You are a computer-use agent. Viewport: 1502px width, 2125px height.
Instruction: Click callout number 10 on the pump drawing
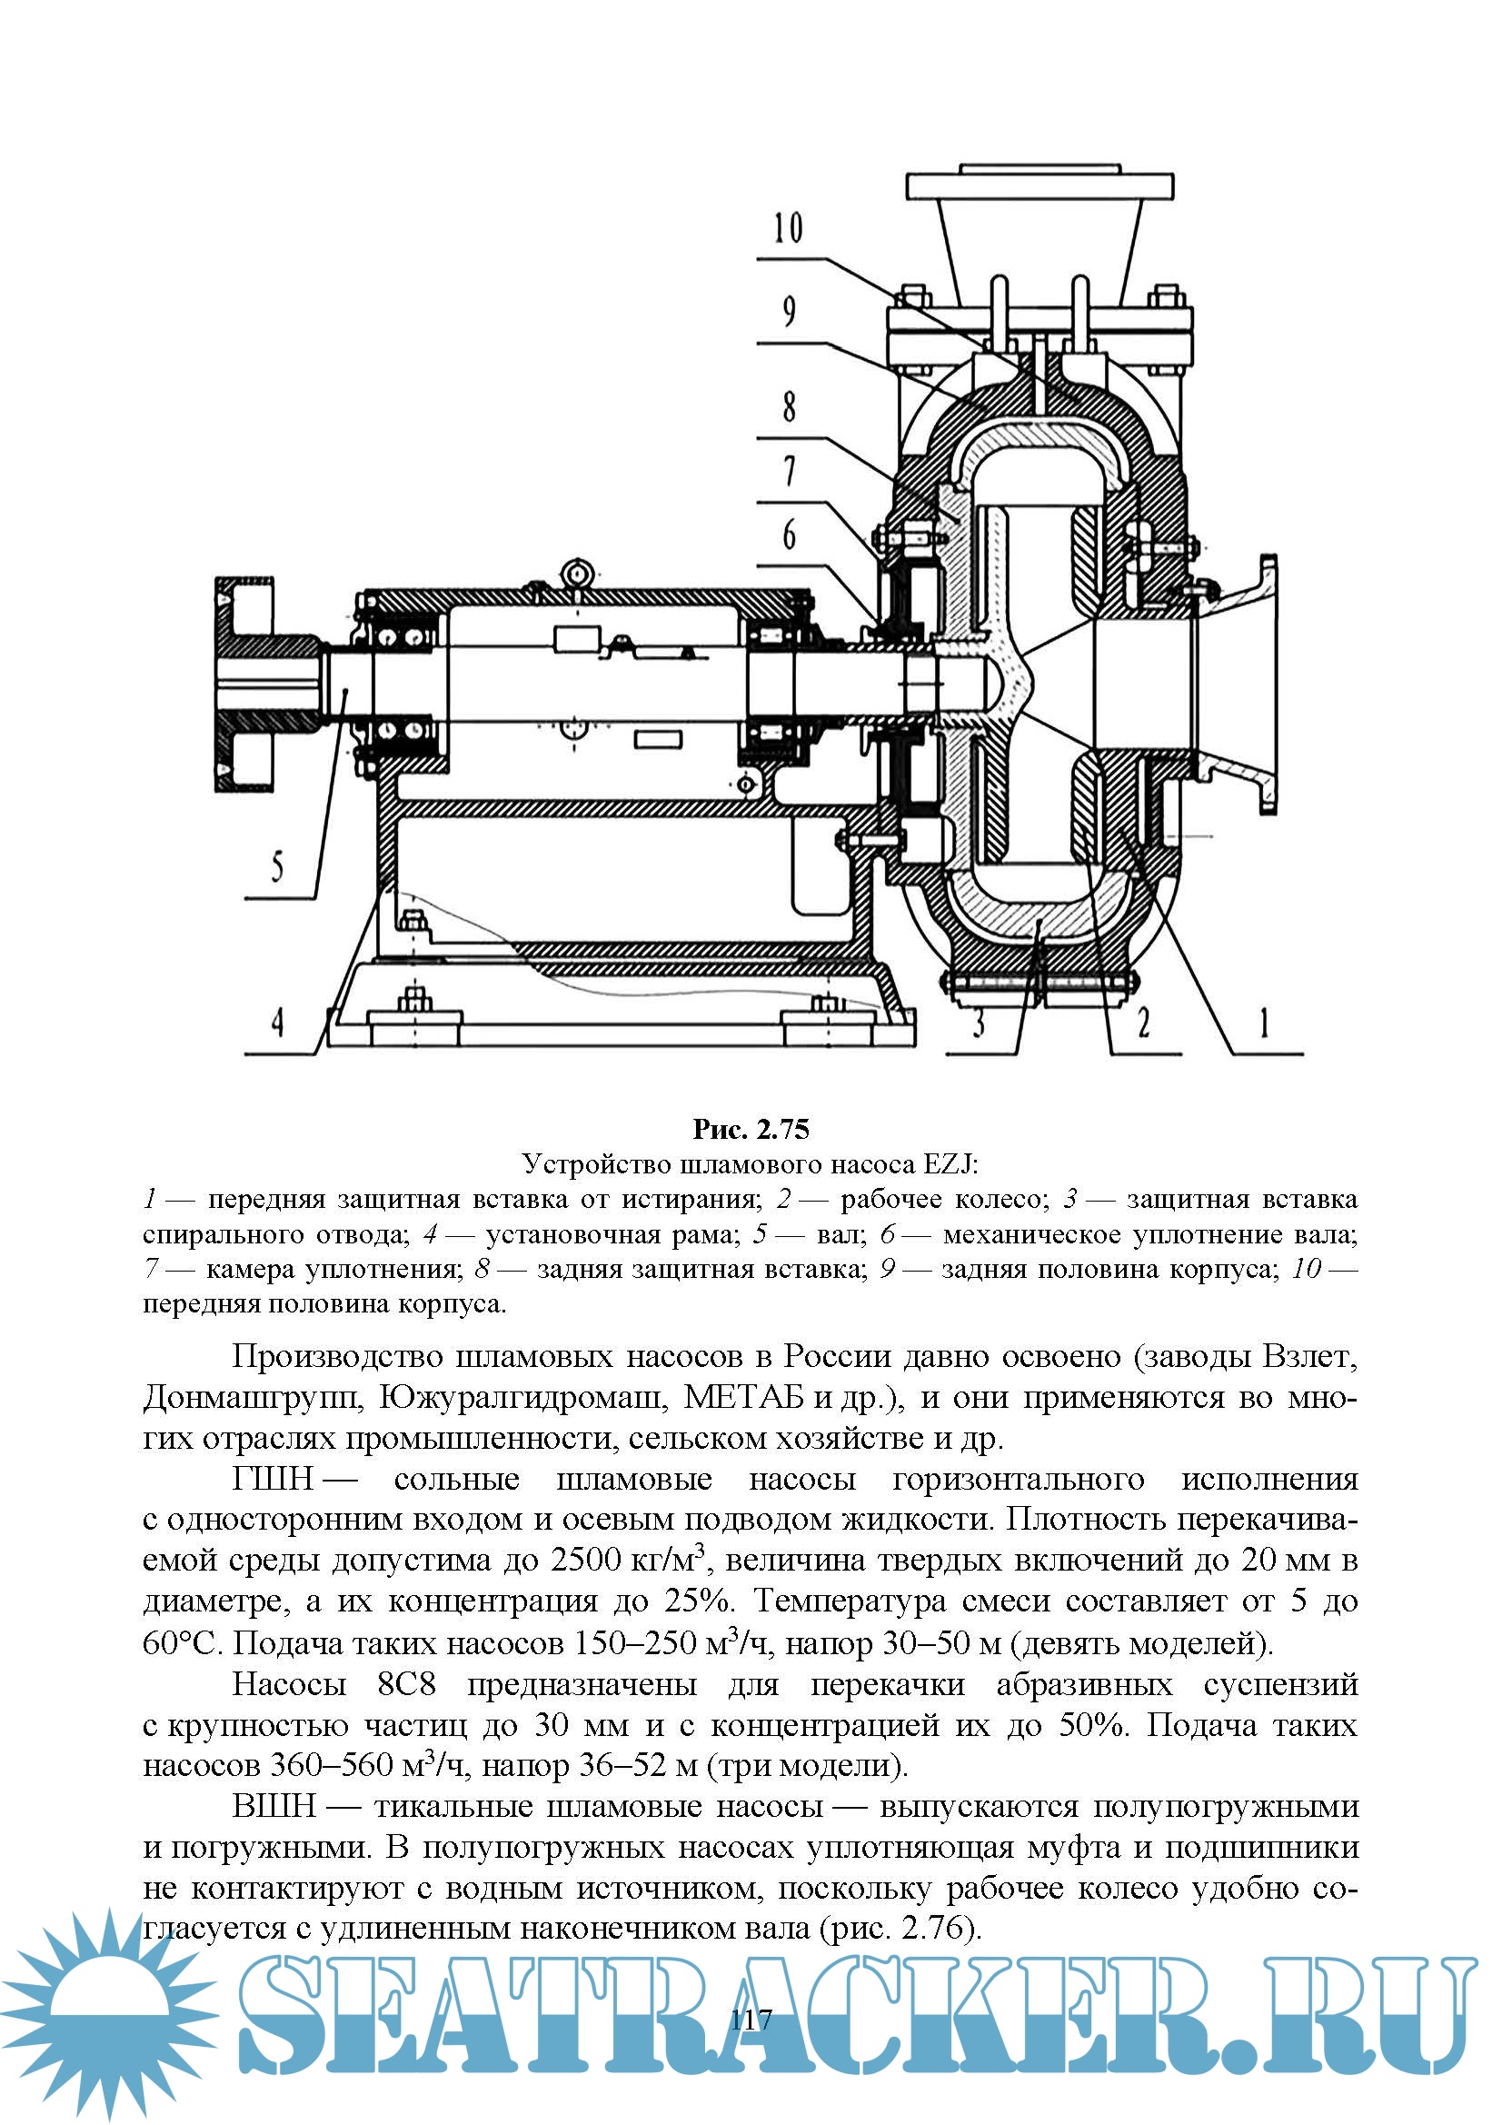click(x=789, y=227)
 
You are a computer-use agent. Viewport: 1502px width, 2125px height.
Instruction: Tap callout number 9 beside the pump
click(x=789, y=311)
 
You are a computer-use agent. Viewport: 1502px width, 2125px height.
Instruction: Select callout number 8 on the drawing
click(x=789, y=405)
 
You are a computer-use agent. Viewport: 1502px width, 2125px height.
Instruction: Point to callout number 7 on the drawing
click(x=789, y=471)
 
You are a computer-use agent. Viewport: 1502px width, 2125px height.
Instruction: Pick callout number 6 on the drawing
click(x=789, y=535)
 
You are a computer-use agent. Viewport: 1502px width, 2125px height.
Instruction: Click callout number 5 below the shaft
click(x=277, y=867)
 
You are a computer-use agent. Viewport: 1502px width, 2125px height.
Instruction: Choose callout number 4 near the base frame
click(x=277, y=1023)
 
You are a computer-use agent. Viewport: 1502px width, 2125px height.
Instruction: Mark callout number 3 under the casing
click(x=979, y=1023)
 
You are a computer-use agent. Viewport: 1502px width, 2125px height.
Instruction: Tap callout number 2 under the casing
click(x=1143, y=1023)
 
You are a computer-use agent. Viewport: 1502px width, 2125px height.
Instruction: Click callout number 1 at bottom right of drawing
click(x=1263, y=1023)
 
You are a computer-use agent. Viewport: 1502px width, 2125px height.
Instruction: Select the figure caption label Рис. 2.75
click(x=751, y=1129)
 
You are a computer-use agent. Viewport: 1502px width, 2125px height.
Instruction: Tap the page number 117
click(x=751, y=2020)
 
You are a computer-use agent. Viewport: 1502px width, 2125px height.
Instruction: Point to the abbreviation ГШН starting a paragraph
click(x=272, y=1479)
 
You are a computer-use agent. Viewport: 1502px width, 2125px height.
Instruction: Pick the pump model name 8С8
click(x=406, y=1683)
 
